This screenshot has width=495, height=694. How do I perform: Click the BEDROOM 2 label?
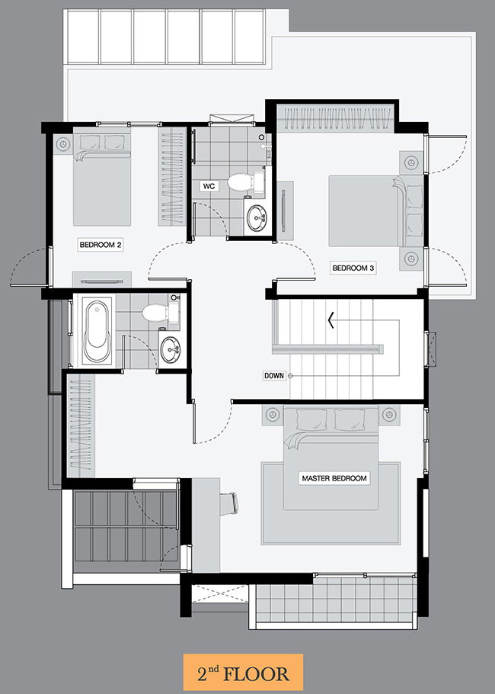click(100, 244)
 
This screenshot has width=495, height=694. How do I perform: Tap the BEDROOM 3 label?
click(353, 268)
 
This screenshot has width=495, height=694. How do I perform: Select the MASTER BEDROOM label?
click(334, 478)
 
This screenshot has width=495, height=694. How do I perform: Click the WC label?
click(209, 186)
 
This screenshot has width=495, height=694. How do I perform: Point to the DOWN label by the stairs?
click(274, 376)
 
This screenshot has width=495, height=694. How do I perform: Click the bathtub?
click(97, 331)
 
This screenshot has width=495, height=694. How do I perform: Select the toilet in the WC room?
click(245, 181)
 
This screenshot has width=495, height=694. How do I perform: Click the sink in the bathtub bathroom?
click(170, 349)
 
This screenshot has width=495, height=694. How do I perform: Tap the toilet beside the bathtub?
click(160, 312)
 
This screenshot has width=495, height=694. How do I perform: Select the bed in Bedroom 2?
click(101, 178)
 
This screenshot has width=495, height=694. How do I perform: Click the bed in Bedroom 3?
click(375, 210)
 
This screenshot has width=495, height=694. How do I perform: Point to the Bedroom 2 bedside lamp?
click(63, 144)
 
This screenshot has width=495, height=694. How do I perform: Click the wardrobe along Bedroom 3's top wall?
click(336, 117)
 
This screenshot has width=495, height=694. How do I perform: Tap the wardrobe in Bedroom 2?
click(171, 177)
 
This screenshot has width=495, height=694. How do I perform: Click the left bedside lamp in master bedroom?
click(273, 415)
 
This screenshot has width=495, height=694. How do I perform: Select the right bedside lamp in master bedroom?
click(389, 415)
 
